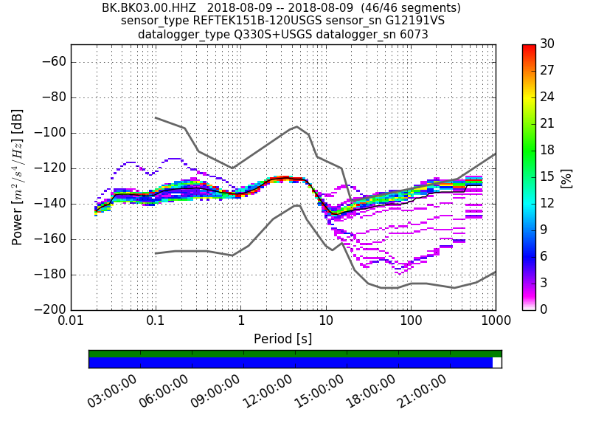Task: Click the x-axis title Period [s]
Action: tap(282, 339)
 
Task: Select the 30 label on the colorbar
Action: tap(547, 44)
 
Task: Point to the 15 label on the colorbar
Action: tap(547, 177)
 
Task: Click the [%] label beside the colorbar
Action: tap(566, 177)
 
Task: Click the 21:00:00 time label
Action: tap(428, 391)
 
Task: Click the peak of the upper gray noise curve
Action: tap(296, 126)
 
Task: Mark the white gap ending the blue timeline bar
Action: tap(497, 363)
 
